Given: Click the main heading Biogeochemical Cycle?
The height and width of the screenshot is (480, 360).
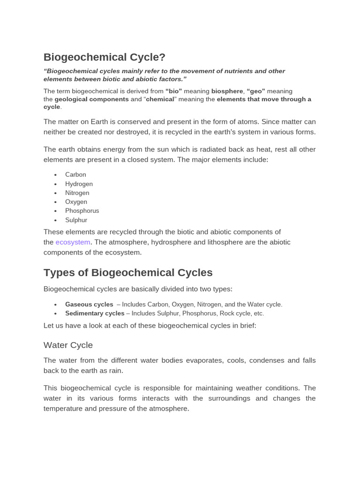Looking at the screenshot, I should (x=105, y=57).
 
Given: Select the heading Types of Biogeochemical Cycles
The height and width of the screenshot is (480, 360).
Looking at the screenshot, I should (x=128, y=272).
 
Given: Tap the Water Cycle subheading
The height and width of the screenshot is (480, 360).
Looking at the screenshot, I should (x=68, y=345).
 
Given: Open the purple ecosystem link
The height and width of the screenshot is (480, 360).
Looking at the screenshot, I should (x=73, y=242).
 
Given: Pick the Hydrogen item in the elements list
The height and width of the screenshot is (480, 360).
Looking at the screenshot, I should (x=79, y=184).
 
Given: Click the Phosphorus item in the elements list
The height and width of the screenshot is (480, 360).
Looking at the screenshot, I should (x=82, y=210).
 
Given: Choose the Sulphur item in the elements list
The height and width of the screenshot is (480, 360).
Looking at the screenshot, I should (x=76, y=220).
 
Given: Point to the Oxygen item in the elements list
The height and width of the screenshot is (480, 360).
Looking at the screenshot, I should (x=76, y=202).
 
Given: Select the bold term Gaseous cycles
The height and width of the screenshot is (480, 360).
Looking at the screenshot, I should (x=89, y=304).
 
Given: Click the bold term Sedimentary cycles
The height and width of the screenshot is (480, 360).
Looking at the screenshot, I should (x=95, y=313).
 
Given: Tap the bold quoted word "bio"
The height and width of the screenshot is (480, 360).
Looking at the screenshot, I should (x=173, y=91).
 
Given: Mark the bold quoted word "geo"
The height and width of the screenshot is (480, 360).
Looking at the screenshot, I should (x=256, y=91).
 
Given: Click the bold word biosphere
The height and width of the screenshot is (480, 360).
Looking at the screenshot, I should (x=227, y=91).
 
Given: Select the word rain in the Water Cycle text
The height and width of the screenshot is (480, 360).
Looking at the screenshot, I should (x=115, y=370).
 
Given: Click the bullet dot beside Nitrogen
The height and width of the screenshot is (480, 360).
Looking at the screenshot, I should (x=55, y=193).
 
